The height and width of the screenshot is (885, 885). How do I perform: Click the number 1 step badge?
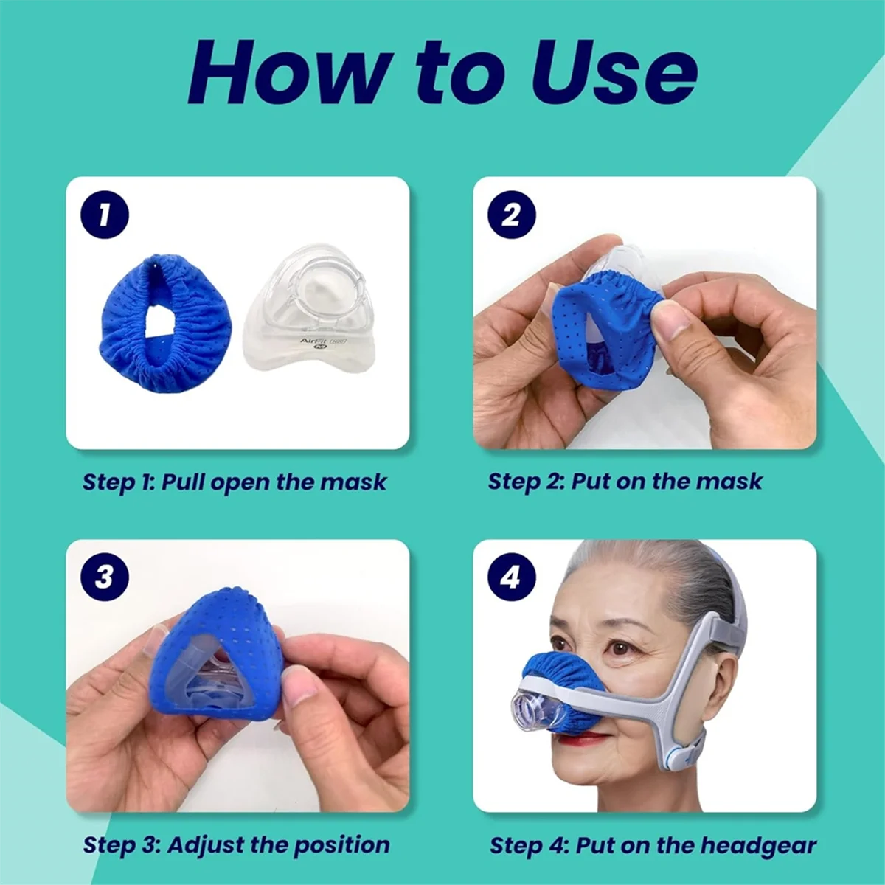coord(104,215)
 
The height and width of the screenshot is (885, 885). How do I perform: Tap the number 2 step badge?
coord(510,215)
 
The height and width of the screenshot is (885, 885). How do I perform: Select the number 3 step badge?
coord(104,577)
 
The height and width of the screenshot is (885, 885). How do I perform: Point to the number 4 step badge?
coord(510,577)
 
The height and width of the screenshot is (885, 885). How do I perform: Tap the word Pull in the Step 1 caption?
coord(184,482)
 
